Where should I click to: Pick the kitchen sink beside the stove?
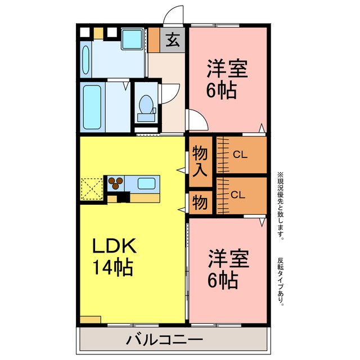147,183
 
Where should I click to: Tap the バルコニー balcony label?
164,340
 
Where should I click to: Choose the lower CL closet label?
238,195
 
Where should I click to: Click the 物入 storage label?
200,161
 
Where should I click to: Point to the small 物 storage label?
200,202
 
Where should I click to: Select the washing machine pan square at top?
133,39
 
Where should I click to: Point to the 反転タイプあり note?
281,281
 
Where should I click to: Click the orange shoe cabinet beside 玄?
154,39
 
